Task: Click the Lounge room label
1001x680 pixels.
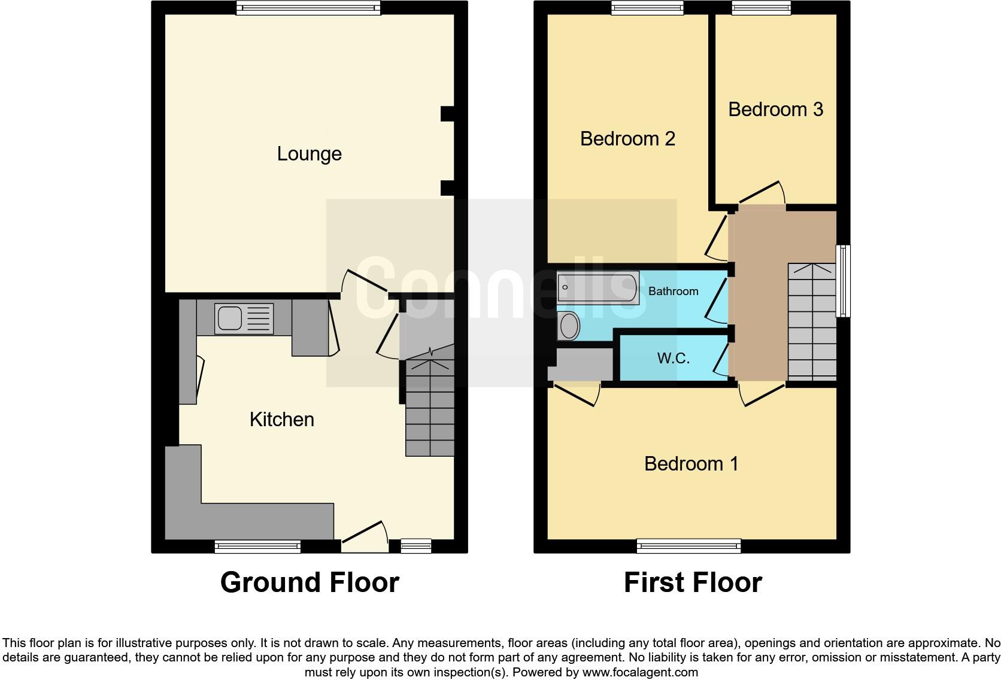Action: click(309, 154)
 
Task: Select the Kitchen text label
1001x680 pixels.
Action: click(281, 420)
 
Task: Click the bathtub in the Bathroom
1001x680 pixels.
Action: click(597, 287)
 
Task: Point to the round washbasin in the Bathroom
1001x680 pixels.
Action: click(569, 326)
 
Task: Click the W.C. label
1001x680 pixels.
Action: click(673, 359)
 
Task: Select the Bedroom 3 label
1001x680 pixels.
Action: click(775, 110)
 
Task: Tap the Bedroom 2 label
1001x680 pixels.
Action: click(627, 139)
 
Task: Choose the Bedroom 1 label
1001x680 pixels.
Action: click(691, 464)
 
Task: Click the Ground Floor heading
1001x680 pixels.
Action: click(310, 582)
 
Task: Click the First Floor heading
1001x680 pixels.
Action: click(693, 582)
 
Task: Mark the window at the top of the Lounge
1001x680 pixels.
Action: click(308, 7)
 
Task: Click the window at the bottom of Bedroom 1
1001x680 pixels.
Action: click(688, 545)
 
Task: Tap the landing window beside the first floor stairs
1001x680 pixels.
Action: click(843, 281)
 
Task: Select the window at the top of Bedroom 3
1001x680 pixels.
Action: click(761, 7)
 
